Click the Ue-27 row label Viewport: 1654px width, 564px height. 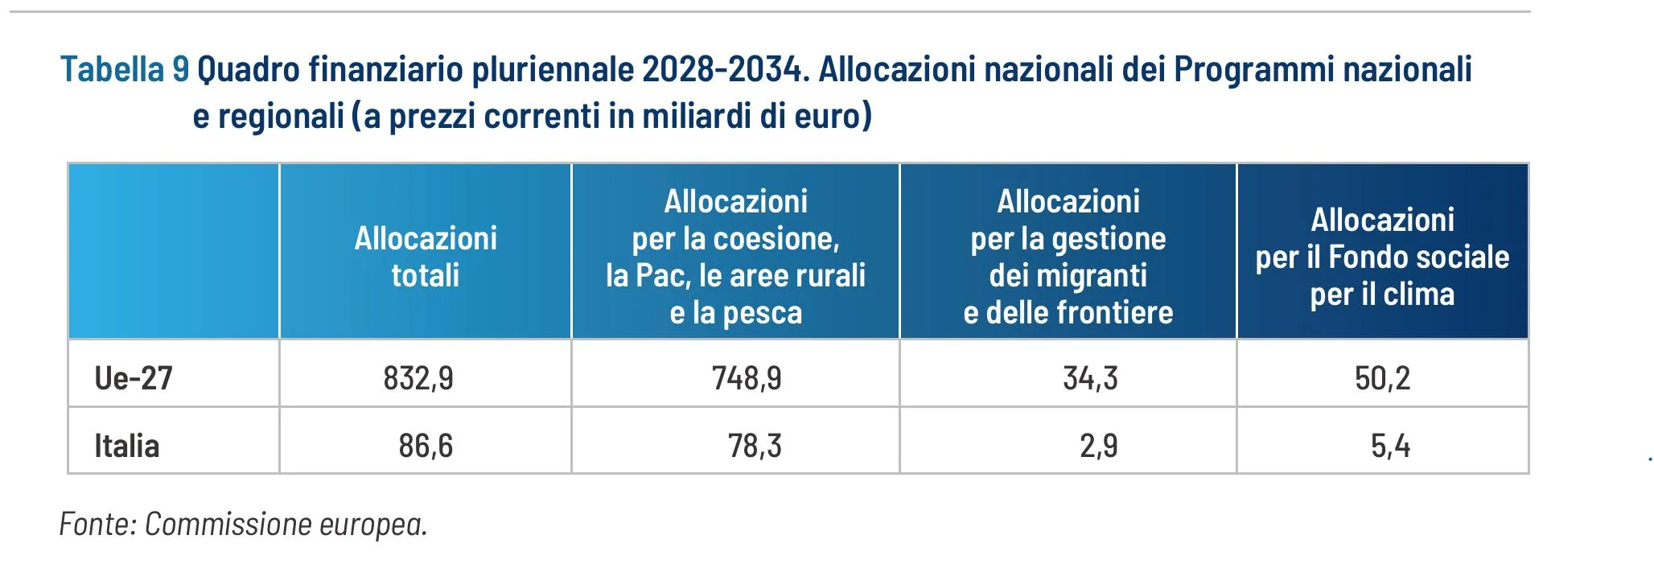(134, 377)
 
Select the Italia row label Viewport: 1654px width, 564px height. (127, 446)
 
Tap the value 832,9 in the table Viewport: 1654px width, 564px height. (418, 377)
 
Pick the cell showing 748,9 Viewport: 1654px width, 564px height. (747, 377)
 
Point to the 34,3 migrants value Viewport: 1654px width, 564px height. (1090, 377)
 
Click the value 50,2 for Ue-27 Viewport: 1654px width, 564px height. (1382, 377)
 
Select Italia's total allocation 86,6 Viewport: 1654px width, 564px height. (426, 446)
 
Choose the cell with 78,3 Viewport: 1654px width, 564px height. (755, 446)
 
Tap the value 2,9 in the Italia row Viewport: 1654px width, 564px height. (1098, 446)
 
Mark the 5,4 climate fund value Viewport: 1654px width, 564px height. (1390, 446)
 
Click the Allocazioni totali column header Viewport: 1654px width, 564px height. (426, 257)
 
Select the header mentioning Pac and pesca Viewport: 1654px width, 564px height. (735, 257)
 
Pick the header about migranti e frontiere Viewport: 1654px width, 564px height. (1068, 257)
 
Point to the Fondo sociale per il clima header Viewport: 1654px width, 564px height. (1382, 257)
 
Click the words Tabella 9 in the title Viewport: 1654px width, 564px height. (125, 70)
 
